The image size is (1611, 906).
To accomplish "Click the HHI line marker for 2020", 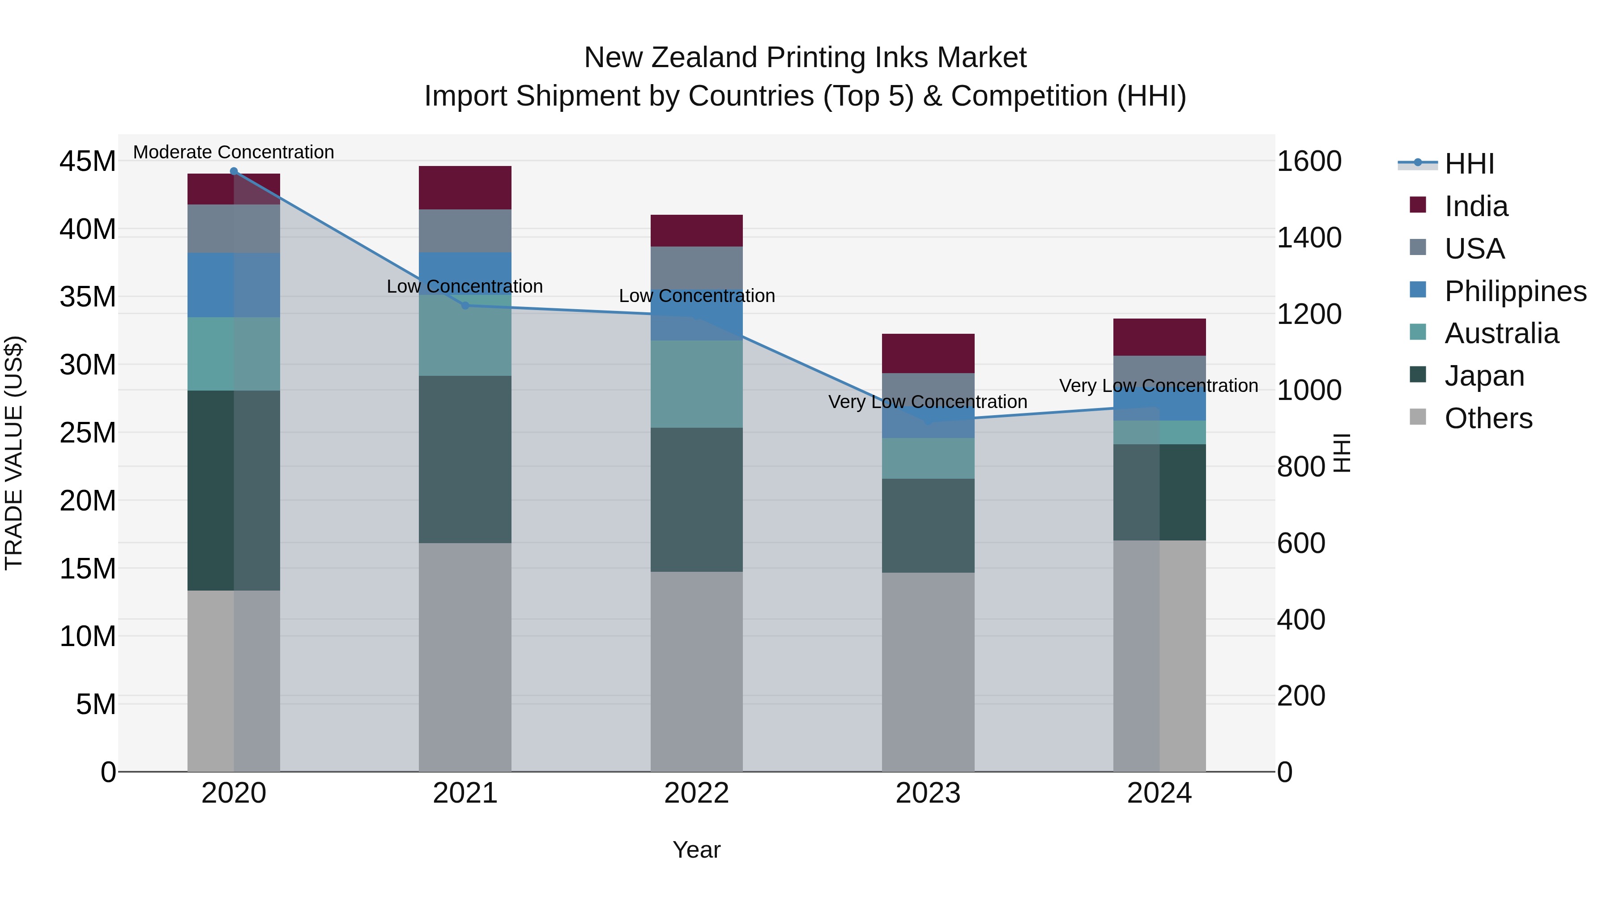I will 234,171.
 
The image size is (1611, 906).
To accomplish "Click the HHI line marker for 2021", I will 465,306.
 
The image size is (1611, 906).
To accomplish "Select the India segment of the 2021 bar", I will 465,187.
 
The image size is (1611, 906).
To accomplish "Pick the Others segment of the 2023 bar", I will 928,672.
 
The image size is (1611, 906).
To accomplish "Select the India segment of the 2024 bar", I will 1159,337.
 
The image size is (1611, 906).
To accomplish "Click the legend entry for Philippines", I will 1515,291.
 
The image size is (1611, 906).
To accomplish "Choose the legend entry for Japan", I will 1484,376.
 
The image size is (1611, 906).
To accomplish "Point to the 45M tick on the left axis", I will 88,162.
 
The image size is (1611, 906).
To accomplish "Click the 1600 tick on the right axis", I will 1308,162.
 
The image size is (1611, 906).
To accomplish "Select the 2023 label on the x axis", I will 928,793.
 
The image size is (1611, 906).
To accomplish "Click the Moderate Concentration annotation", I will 234,152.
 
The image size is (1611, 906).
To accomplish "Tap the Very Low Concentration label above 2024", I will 1158,386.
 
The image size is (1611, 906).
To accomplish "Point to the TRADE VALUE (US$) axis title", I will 14,453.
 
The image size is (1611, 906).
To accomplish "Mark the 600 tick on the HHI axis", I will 1301,543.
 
